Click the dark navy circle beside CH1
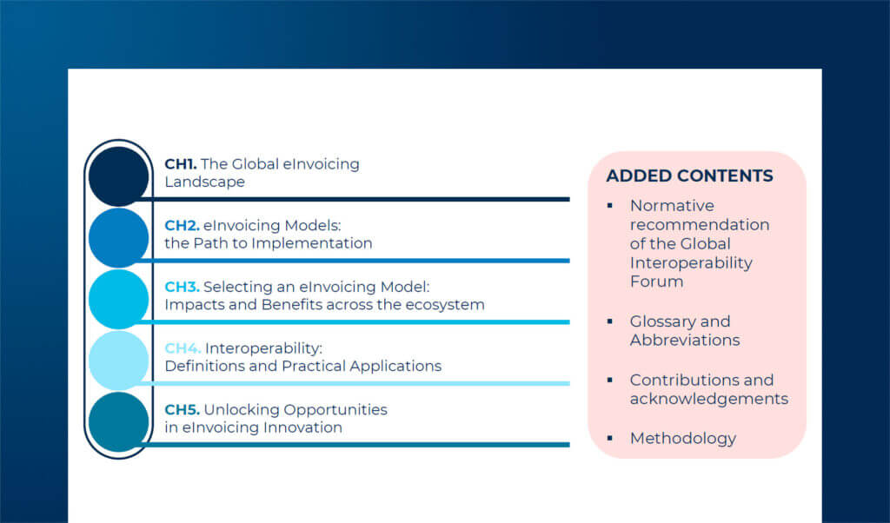[x=119, y=176]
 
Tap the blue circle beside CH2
[x=119, y=237]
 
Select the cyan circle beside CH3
[x=119, y=299]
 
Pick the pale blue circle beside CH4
[x=119, y=360]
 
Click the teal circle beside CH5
[x=119, y=421]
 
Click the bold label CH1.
[x=181, y=163]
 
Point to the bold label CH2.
[x=182, y=225]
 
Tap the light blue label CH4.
[x=183, y=348]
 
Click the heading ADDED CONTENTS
[x=689, y=176]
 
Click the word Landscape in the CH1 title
[x=204, y=182]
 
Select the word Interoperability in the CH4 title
[x=263, y=348]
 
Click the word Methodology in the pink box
[x=682, y=438]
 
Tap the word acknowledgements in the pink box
[x=708, y=399]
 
